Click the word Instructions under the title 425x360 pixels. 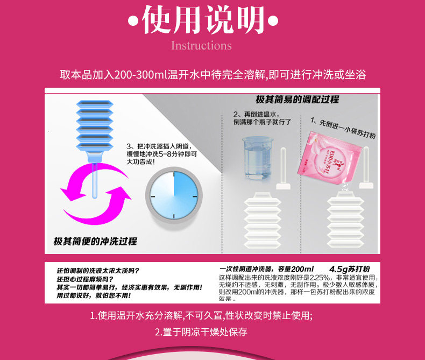click(201, 45)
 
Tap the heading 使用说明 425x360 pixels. click(203, 20)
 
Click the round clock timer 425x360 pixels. click(174, 196)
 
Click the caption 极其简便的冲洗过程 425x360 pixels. click(95, 241)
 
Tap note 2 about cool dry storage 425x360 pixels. click(201, 331)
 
